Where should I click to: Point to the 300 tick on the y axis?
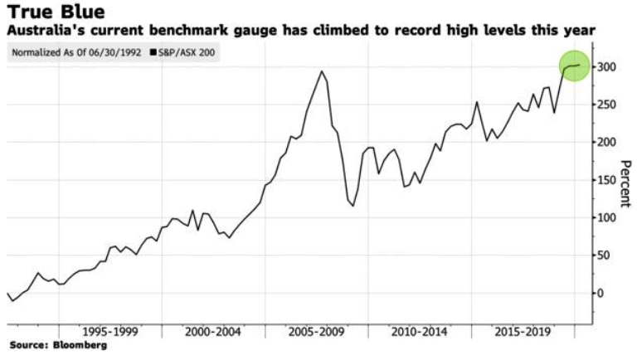point(607,66)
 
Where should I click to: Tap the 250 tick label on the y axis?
point(607,105)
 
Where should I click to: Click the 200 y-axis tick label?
point(607,142)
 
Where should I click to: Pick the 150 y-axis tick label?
point(607,180)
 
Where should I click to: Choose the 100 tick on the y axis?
point(607,217)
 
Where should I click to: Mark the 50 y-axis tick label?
point(604,255)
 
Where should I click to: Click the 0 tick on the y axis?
point(601,293)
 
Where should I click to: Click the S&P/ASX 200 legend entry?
point(187,52)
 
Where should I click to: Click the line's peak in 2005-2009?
point(322,71)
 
